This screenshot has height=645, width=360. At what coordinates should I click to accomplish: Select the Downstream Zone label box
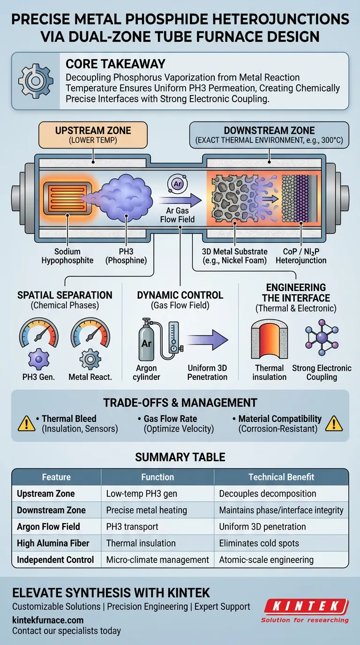pos(269,135)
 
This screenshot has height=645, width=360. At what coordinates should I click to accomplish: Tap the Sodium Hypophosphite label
pos(67,256)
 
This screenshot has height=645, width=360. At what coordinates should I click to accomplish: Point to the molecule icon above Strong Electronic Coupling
pos(321,339)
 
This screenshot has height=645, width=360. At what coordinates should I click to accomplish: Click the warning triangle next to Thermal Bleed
pos(26,423)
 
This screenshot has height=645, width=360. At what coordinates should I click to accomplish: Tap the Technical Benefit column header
pos(281,477)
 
